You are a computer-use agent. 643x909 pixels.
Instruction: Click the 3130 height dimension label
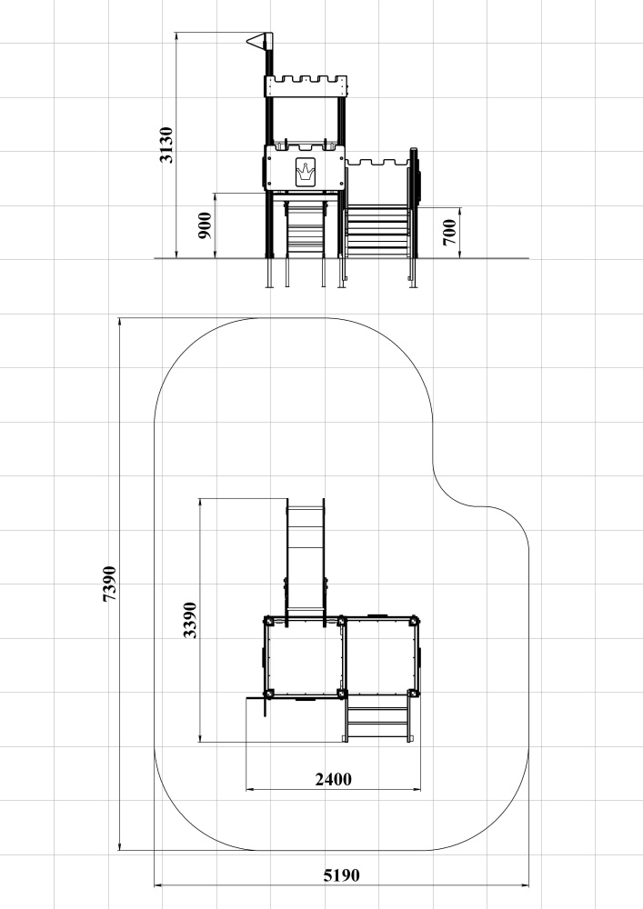pyautogui.click(x=166, y=145)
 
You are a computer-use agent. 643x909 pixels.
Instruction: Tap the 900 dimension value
pyautogui.click(x=206, y=225)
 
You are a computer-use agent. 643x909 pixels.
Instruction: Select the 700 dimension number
pyautogui.click(x=450, y=232)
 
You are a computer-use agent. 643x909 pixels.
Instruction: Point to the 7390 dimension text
pyautogui.click(x=109, y=584)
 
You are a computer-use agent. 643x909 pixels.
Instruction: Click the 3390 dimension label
pyautogui.click(x=189, y=620)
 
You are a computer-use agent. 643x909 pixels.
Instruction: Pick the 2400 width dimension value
pyautogui.click(x=334, y=779)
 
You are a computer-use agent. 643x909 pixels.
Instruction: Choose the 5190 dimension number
pyautogui.click(x=341, y=874)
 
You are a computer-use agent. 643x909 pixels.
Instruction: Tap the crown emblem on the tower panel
pyautogui.click(x=306, y=172)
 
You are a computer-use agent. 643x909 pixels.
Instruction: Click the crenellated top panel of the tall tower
pyautogui.click(x=306, y=85)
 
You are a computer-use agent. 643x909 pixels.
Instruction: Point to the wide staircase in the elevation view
pyautogui.click(x=378, y=232)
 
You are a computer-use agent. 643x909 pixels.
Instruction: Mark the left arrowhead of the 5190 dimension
pyautogui.click(x=157, y=885)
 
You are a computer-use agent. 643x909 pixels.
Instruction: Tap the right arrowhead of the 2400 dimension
pyautogui.click(x=417, y=789)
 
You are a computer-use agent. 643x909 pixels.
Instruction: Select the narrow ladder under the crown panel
pyautogui.click(x=306, y=228)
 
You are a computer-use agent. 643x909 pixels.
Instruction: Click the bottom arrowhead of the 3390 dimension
pyautogui.click(x=199, y=738)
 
